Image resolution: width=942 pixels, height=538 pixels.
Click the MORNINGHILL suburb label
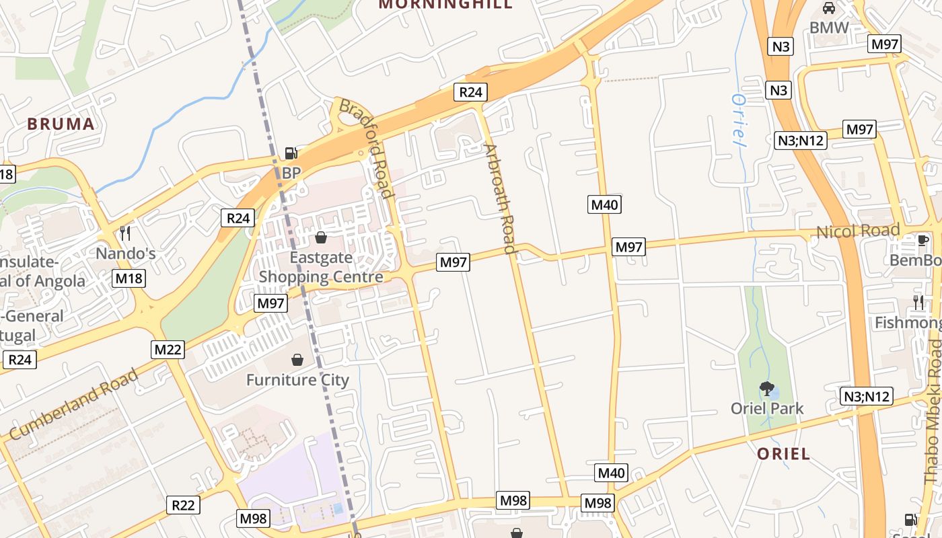point(445,4)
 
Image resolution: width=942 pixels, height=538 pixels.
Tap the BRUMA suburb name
point(61,124)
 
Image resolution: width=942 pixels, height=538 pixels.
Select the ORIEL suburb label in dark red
point(783,454)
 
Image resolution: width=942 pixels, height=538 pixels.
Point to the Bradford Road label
point(367,149)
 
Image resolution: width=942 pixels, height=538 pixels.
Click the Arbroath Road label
point(500,198)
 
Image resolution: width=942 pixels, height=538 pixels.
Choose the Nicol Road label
point(858,232)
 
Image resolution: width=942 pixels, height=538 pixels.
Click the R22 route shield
point(183,505)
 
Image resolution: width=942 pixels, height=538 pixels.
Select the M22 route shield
point(167,350)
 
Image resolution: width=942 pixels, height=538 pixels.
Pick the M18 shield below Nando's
point(129,278)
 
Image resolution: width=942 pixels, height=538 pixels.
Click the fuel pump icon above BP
point(291,153)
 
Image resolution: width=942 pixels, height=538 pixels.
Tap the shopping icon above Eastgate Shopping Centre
point(321,237)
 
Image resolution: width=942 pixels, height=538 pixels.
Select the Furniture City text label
point(297,381)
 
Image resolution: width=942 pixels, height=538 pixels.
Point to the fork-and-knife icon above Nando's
point(124,233)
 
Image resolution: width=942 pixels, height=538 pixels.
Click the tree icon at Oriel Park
point(766,389)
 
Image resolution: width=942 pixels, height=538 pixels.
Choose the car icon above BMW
point(829,8)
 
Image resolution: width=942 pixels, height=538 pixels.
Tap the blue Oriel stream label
point(739,120)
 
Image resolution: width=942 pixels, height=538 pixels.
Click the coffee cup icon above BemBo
point(923,240)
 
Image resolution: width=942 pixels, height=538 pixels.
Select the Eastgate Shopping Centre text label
point(321,267)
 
